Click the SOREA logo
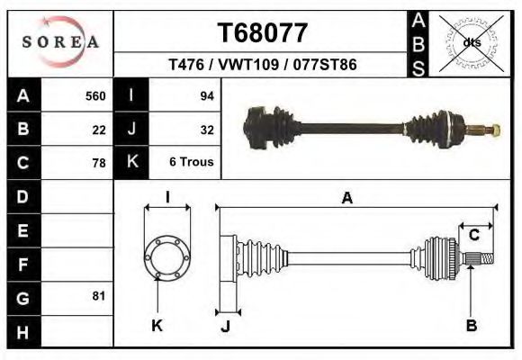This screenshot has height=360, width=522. click(x=60, y=41)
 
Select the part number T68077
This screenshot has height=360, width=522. click(x=263, y=33)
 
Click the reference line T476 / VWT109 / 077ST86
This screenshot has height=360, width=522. click(x=263, y=65)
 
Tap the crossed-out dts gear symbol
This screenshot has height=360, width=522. click(x=470, y=42)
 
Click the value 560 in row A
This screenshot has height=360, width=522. click(x=94, y=95)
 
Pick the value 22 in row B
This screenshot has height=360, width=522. click(x=99, y=130)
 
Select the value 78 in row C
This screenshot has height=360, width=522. click(x=99, y=163)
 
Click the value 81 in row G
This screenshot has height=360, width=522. click(x=99, y=296)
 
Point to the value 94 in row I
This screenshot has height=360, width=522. click(x=206, y=95)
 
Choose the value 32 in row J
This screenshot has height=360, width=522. click(x=206, y=130)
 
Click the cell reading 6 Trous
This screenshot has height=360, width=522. click(x=191, y=163)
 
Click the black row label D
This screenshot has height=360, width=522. click(x=23, y=196)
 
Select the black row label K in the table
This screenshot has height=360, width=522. click(x=131, y=163)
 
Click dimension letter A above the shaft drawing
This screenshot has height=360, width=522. click(x=346, y=199)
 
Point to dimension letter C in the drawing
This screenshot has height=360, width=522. click(x=473, y=236)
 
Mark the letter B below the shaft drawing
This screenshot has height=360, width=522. click(x=471, y=325)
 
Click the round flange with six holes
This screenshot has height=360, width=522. click(x=167, y=256)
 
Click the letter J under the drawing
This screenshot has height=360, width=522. click(x=225, y=326)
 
